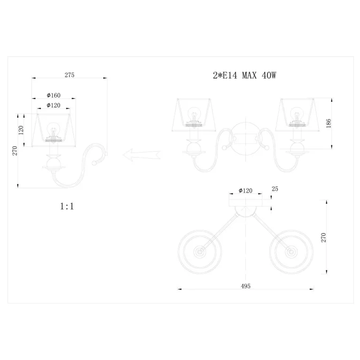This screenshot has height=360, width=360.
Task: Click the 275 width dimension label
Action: click(69, 75)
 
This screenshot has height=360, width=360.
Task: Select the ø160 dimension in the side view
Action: click(54, 95)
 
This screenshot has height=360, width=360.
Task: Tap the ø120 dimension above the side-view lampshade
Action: click(54, 105)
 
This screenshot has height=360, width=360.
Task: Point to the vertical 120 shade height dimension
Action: click(21, 130)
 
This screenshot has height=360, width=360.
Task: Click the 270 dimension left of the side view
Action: click(15, 151)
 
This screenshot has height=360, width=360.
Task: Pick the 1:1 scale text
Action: click(67, 206)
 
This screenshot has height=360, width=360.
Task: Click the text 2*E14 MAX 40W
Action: click(245, 75)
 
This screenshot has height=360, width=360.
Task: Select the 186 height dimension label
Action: click(329, 123)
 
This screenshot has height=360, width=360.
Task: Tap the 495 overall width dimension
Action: click(245, 286)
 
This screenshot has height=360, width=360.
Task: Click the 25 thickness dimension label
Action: click(275, 189)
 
